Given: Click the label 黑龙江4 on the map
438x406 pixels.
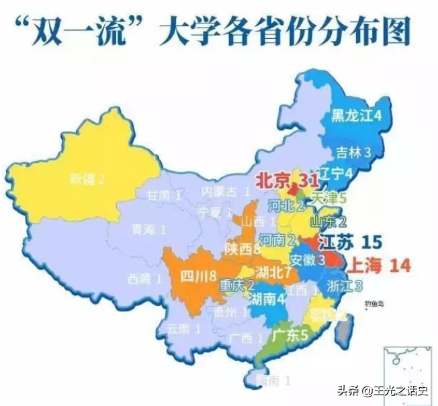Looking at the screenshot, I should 357,115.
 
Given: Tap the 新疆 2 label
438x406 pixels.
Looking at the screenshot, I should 88,179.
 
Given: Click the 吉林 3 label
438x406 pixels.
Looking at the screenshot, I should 353,152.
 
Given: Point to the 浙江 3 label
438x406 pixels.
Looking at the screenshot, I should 345,286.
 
